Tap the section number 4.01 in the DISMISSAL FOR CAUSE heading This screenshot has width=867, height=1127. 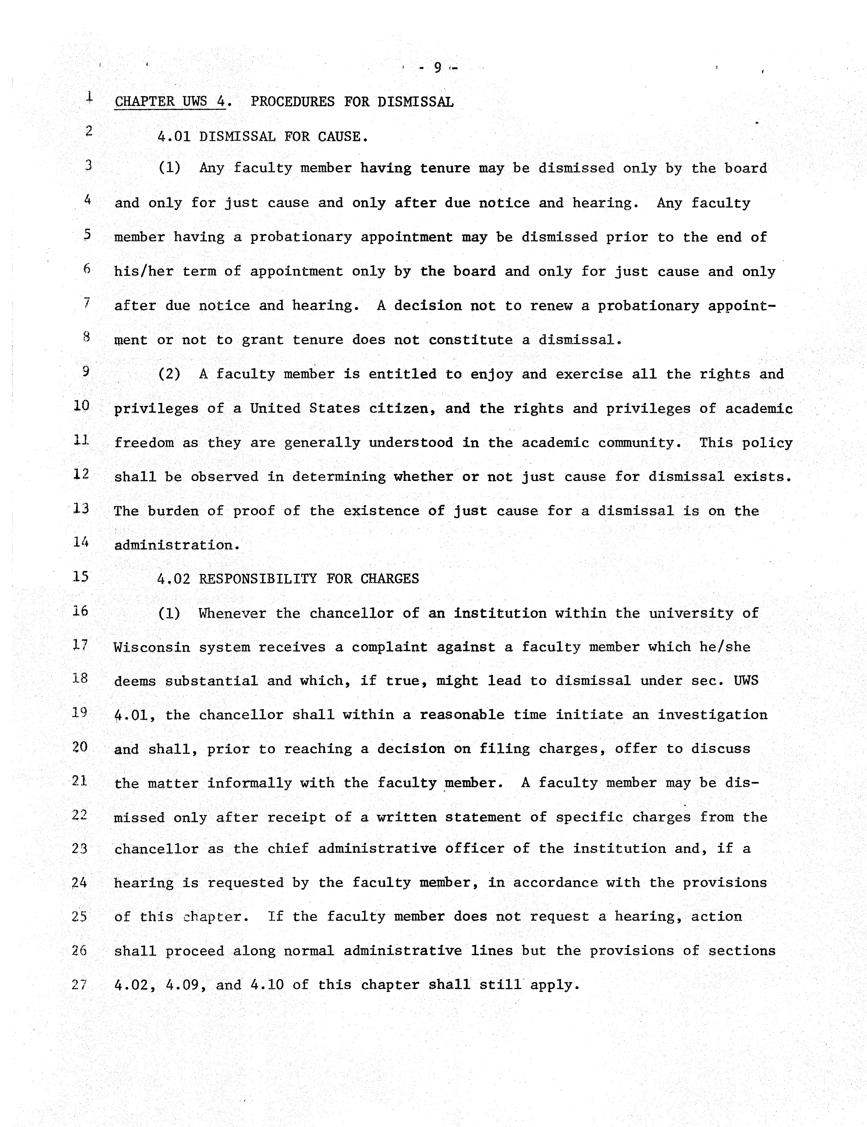click(174, 137)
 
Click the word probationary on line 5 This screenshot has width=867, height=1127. click(300, 237)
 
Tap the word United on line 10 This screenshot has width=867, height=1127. click(275, 409)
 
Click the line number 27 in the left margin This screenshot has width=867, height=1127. click(79, 985)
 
